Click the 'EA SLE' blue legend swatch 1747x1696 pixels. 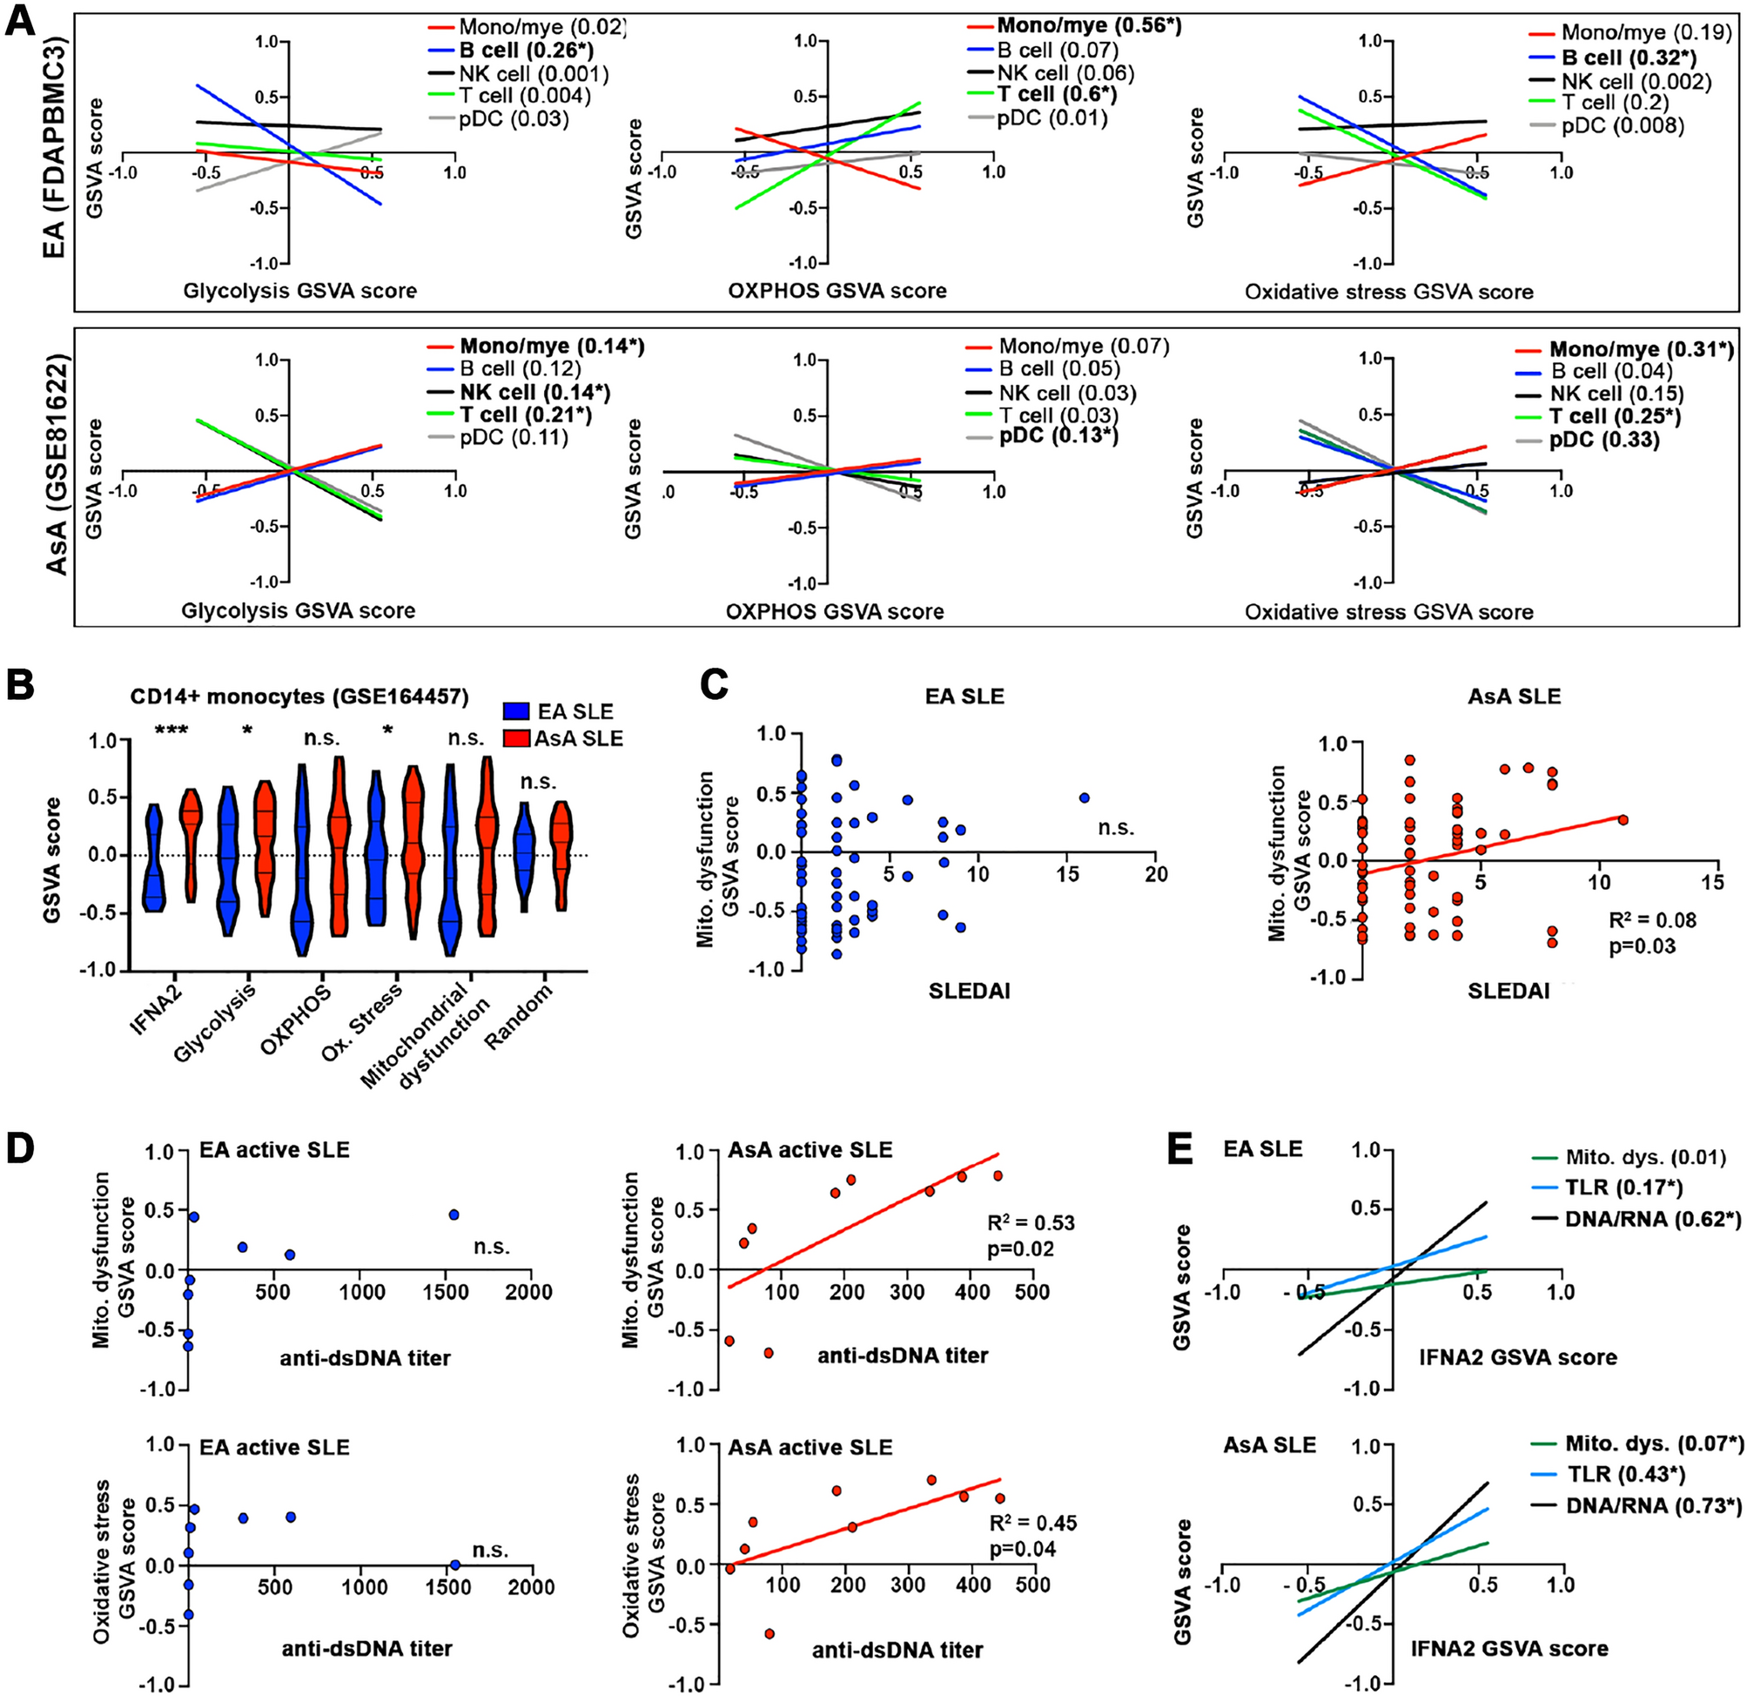tap(516, 711)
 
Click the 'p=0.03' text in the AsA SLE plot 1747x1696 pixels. tap(1642, 946)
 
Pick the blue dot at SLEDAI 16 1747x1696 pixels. tap(1085, 798)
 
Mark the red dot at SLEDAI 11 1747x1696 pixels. tap(1623, 819)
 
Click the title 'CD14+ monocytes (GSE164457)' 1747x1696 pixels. tap(299, 697)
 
